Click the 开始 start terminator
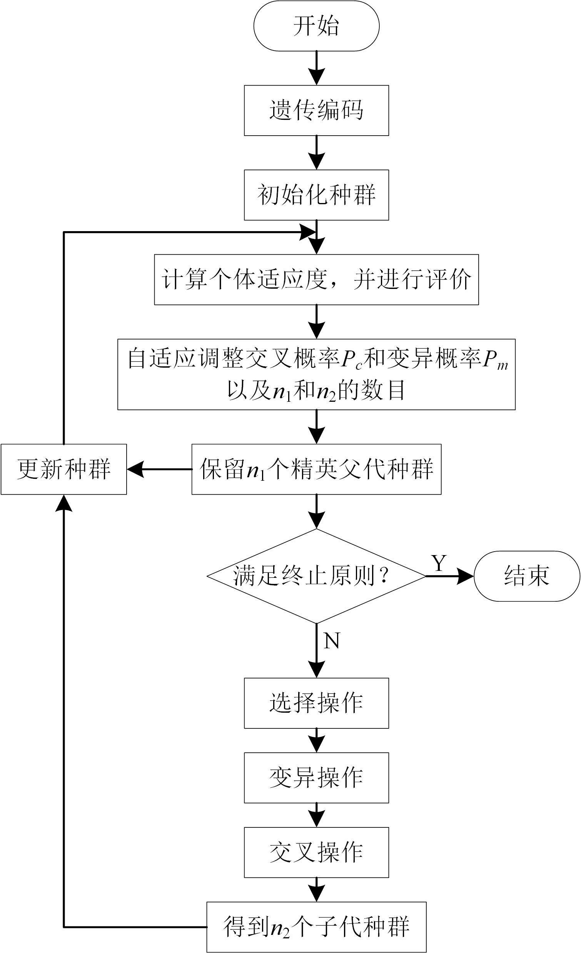coord(316,26)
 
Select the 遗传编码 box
coord(316,111)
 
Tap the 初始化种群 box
coord(316,195)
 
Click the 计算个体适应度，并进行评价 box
coord(316,280)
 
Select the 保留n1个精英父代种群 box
coord(316,469)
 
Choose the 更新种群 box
coord(64,469)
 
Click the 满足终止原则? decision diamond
coord(316,576)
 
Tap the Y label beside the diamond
coord(439,564)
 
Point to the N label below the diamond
coord(331,641)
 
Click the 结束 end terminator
coord(526,576)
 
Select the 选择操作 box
coord(316,703)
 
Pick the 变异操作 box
coord(316,778)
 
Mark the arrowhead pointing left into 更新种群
coord(135,469)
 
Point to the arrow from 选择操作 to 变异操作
coord(316,741)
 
